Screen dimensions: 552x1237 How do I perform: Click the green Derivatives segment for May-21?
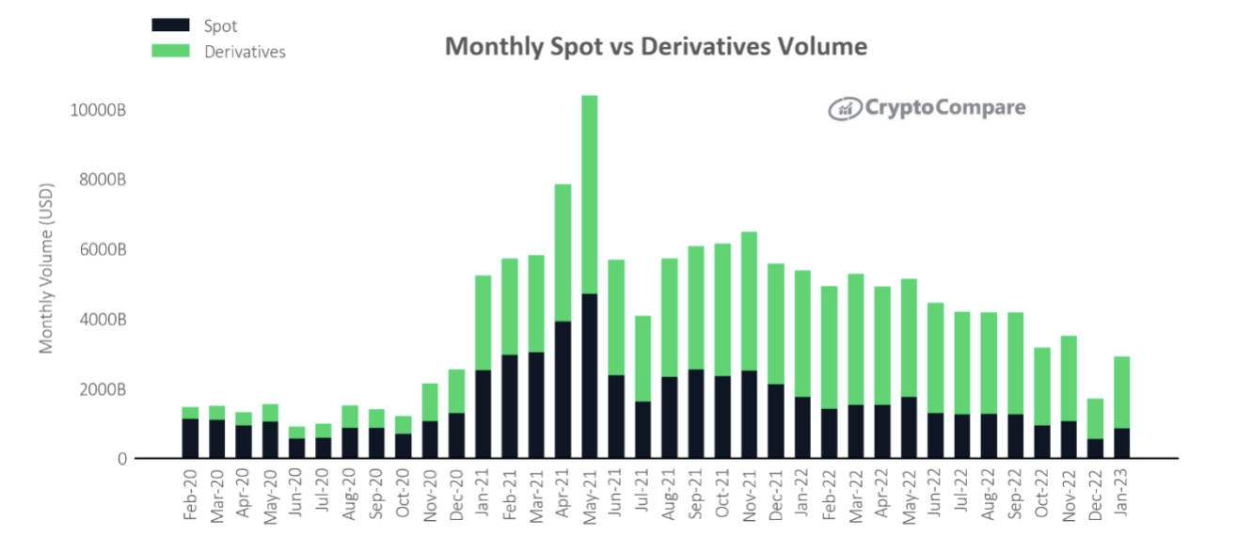[x=589, y=194]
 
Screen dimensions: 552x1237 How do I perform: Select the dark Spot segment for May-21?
[x=589, y=376]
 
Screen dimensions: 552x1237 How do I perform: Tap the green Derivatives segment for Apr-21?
[x=563, y=252]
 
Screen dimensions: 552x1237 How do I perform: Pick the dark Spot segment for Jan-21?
[x=483, y=414]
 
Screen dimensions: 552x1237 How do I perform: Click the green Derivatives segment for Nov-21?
[x=749, y=301]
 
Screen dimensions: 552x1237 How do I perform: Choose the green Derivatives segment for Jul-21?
[x=642, y=358]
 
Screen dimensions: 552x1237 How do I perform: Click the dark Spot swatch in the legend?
[x=171, y=25]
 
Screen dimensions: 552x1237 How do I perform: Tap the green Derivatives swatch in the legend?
[x=171, y=51]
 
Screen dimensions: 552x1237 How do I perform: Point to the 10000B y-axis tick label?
[x=98, y=110]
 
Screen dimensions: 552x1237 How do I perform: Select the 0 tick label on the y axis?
[x=122, y=459]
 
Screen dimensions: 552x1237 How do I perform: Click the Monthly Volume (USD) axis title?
[x=46, y=269]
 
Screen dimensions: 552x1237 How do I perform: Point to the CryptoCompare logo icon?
[x=845, y=109]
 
